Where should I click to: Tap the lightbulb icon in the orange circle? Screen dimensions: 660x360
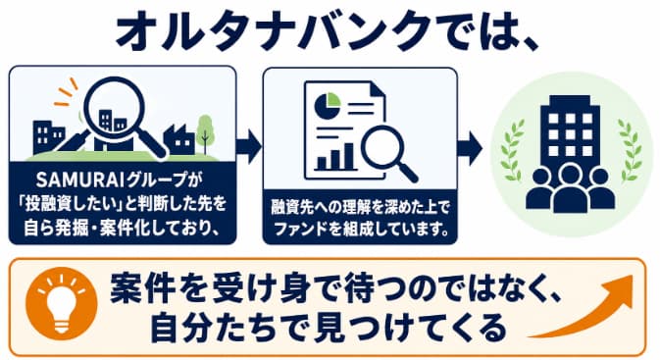pyautogui.click(x=62, y=303)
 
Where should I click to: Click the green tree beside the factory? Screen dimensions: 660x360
pyautogui.click(x=205, y=133)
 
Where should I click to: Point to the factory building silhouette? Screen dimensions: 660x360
pyautogui.click(x=179, y=140)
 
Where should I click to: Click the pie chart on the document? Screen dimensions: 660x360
pyautogui.click(x=328, y=105)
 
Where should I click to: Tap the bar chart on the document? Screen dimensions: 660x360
pyautogui.click(x=336, y=158)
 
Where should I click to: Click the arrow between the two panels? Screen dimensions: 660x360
pyautogui.click(x=249, y=146)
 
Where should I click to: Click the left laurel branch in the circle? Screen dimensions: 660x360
pyautogui.click(x=512, y=149)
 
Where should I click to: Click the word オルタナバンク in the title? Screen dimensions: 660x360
pyautogui.click(x=274, y=31)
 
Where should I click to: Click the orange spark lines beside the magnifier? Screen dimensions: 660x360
pyautogui.click(x=66, y=92)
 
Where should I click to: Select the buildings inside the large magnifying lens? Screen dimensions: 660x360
pyautogui.click(x=113, y=120)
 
